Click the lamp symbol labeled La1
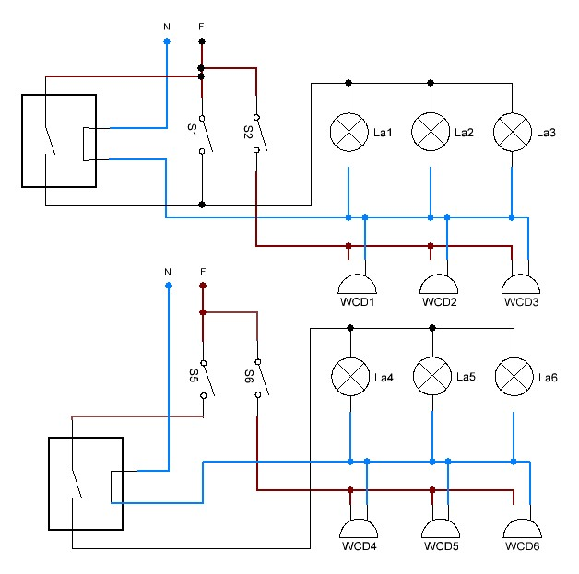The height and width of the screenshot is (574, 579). click(x=349, y=133)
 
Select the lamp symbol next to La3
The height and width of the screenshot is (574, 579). click(x=512, y=133)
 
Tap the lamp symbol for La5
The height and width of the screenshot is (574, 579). click(x=431, y=377)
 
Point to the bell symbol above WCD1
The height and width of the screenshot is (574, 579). click(x=358, y=284)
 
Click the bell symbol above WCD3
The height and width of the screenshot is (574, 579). click(x=521, y=284)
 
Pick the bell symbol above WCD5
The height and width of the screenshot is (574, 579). click(x=440, y=529)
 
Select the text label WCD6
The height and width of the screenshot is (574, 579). click(x=522, y=547)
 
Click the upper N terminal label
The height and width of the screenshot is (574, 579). click(x=166, y=27)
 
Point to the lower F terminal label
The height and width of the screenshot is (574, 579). click(x=202, y=272)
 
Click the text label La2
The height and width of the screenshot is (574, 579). click(x=464, y=133)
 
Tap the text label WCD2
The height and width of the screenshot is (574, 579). click(x=440, y=302)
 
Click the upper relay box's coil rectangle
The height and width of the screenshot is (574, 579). click(x=88, y=145)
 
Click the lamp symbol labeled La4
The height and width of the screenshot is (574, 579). click(x=350, y=377)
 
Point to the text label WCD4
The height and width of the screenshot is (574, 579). click(x=358, y=547)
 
